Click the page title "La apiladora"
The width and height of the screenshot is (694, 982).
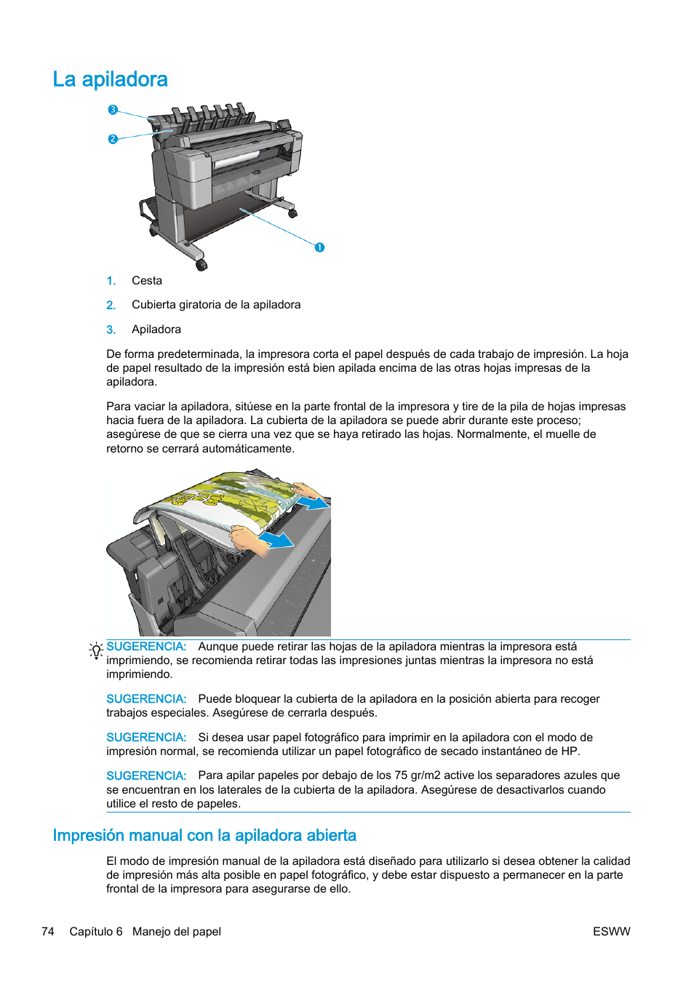tap(110, 79)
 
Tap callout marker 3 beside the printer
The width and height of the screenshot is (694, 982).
tap(113, 110)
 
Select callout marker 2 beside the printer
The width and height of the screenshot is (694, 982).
tap(113, 139)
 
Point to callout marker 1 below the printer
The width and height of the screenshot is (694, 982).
tap(319, 247)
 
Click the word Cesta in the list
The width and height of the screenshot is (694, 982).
tap(147, 281)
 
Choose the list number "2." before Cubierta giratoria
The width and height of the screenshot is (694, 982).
tap(111, 306)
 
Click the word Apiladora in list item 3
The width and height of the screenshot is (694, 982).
tap(156, 330)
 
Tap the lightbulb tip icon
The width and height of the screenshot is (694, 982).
tap(96, 650)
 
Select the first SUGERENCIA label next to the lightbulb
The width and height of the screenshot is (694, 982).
tap(146, 647)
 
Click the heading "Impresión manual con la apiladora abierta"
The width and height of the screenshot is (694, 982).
tap(204, 835)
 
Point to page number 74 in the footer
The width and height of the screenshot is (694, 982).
tap(48, 932)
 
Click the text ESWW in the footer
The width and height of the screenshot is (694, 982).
tap(611, 932)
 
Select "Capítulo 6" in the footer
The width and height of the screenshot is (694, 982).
tap(96, 932)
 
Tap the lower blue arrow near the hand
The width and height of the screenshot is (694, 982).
tap(278, 540)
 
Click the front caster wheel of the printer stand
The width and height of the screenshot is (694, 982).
tap(202, 265)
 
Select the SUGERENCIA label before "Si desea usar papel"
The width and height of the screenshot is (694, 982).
tap(146, 738)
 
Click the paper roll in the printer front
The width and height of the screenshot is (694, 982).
tap(237, 159)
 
